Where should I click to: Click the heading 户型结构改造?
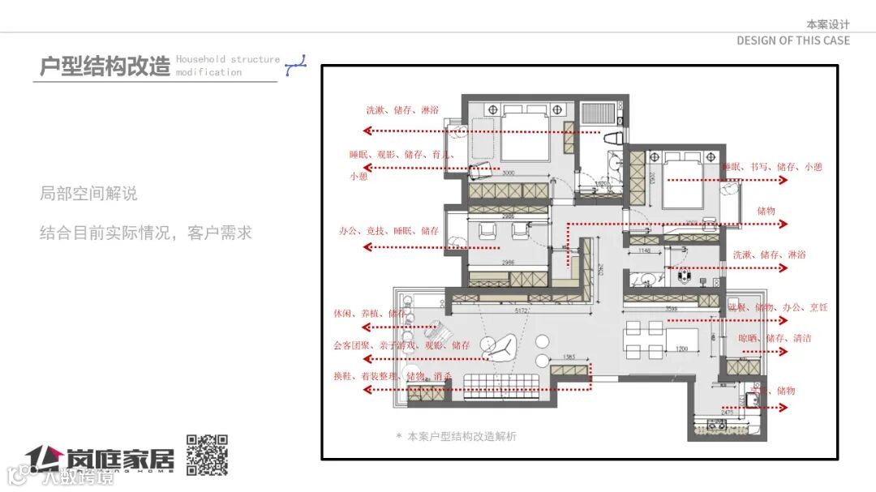click(x=105, y=66)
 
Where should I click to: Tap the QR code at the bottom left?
click(x=207, y=455)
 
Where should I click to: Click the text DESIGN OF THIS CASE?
click(x=792, y=41)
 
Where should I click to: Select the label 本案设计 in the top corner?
click(x=827, y=24)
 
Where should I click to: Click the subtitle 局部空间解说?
click(x=88, y=194)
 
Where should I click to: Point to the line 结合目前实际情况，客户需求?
click(x=146, y=233)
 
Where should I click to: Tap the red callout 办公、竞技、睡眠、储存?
click(x=389, y=231)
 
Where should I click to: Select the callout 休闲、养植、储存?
click(x=370, y=313)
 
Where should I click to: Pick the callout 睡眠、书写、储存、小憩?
click(x=772, y=167)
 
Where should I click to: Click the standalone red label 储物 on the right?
click(x=766, y=211)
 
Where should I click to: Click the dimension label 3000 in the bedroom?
click(x=509, y=173)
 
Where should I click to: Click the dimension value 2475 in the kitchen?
click(x=726, y=413)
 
